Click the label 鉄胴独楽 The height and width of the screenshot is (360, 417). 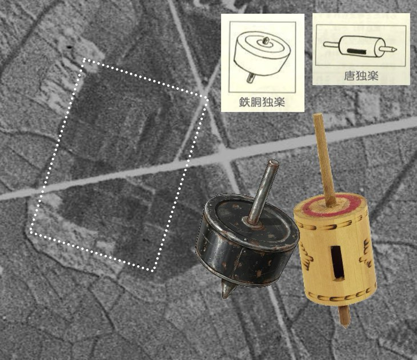coord(262,102)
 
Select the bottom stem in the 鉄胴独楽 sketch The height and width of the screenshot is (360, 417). coord(251,77)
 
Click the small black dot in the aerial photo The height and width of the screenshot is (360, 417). coord(69,47)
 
